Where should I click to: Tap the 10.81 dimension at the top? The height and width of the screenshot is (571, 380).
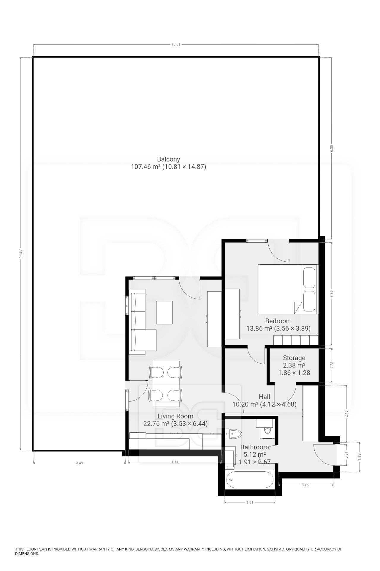[x=176, y=44]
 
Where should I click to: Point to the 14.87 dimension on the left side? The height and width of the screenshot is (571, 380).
[x=20, y=253]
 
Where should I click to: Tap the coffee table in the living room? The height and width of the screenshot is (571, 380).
[x=164, y=313]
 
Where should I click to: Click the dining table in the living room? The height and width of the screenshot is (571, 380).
[x=166, y=384]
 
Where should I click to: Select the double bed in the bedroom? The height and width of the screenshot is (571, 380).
[x=288, y=289]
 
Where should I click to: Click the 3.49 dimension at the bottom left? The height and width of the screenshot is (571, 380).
[x=79, y=463]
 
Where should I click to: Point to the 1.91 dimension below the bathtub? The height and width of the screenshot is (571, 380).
[x=250, y=502]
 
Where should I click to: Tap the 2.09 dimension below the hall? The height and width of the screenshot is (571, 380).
[x=305, y=485]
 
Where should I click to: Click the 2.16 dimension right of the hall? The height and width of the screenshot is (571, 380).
[x=346, y=414]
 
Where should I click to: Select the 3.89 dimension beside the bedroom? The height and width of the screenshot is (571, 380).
[x=332, y=294]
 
